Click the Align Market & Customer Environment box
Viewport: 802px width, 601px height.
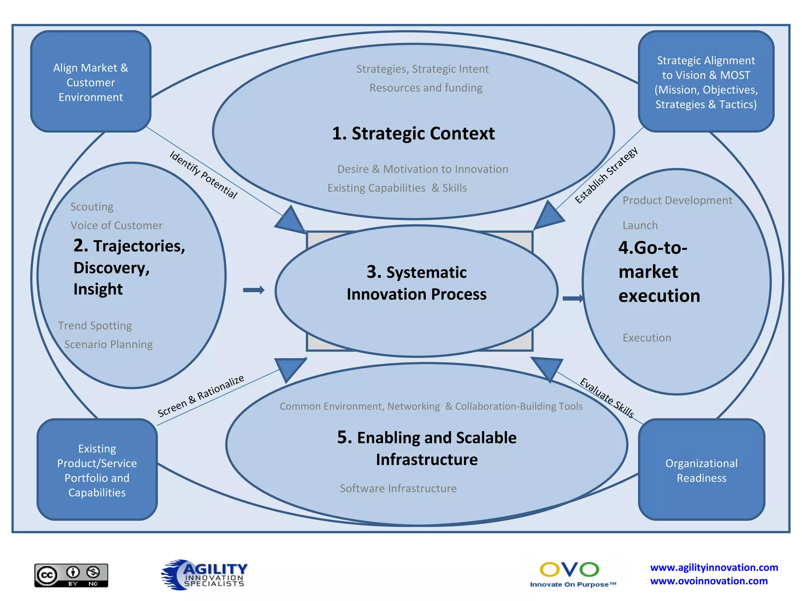(x=91, y=82)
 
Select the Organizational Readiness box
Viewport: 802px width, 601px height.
(x=701, y=470)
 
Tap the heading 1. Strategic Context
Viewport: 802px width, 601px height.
(x=413, y=133)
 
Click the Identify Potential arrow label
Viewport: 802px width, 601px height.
(x=203, y=175)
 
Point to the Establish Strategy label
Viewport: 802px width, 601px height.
(x=606, y=175)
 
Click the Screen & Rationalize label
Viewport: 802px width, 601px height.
(x=201, y=396)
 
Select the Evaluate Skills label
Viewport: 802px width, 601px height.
(x=607, y=398)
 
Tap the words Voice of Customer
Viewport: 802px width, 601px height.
(x=116, y=225)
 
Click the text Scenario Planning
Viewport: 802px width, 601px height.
(x=108, y=344)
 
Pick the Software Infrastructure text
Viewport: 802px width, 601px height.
(x=398, y=488)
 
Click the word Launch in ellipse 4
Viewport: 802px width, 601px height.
(x=640, y=225)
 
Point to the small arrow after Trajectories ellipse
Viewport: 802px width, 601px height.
(x=254, y=290)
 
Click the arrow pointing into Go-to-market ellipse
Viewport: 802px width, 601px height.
(x=573, y=299)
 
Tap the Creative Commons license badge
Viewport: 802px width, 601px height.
(x=71, y=575)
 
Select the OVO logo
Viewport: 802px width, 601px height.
(x=570, y=574)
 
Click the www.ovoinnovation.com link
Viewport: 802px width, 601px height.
(x=709, y=581)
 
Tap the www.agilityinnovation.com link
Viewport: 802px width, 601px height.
(x=714, y=567)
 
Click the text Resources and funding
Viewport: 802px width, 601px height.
(x=426, y=88)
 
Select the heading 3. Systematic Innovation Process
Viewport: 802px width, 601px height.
(x=416, y=283)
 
